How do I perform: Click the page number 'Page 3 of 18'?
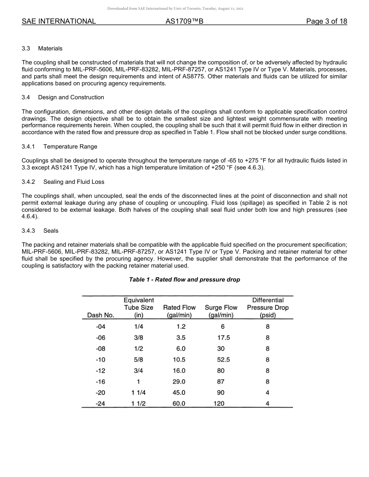pyautogui.click(x=326, y=21)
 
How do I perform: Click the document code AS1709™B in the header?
pyautogui.click(x=184, y=21)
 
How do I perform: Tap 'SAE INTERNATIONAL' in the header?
pyautogui.click(x=59, y=21)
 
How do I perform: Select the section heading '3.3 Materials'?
pyautogui.click(x=42, y=48)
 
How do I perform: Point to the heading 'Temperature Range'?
pyautogui.click(x=70, y=147)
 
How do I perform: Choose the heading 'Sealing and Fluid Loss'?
pyautogui.click(x=74, y=182)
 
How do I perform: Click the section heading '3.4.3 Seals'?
pyautogui.click(x=40, y=231)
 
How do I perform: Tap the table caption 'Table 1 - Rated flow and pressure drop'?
pyautogui.click(x=184, y=280)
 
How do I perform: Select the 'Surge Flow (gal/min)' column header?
pyautogui.click(x=221, y=311)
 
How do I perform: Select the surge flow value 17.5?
pyautogui.click(x=223, y=337)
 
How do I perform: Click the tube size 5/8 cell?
pyautogui.click(x=138, y=359)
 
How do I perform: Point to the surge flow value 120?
pyautogui.click(x=219, y=403)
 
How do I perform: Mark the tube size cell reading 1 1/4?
pyautogui.click(x=138, y=392)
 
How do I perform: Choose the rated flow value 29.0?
pyautogui.click(x=179, y=382)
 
